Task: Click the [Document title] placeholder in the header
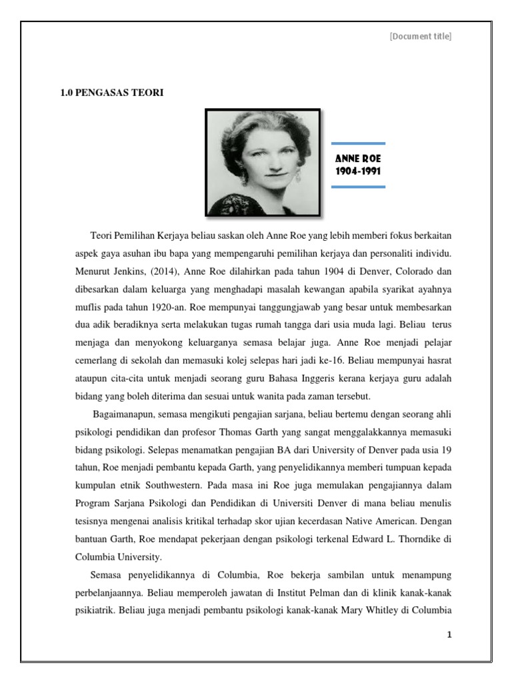pyautogui.click(x=421, y=36)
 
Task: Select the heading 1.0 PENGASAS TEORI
pyautogui.click(x=112, y=93)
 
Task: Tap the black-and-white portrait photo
pyautogui.click(x=263, y=162)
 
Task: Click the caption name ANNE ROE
pyautogui.click(x=358, y=159)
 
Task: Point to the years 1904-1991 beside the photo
pyautogui.click(x=358, y=171)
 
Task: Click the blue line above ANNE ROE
pyautogui.click(x=358, y=143)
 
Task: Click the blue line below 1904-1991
pyautogui.click(x=358, y=187)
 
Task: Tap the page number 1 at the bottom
pyautogui.click(x=449, y=634)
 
